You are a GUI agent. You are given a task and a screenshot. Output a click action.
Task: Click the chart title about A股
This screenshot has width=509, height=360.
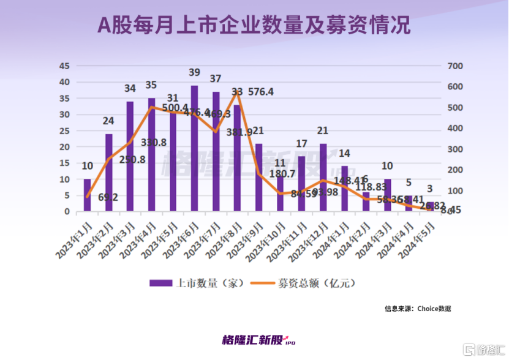pos(254,26)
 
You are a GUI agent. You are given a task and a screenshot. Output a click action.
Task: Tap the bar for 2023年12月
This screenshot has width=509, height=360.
pos(323,178)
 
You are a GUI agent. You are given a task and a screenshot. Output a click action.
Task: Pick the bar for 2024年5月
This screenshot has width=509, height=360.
pos(430,207)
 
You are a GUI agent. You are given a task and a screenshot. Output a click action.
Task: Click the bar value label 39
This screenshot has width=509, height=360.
pos(194,73)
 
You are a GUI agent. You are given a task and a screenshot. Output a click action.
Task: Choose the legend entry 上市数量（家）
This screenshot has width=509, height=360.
pos(198,283)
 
